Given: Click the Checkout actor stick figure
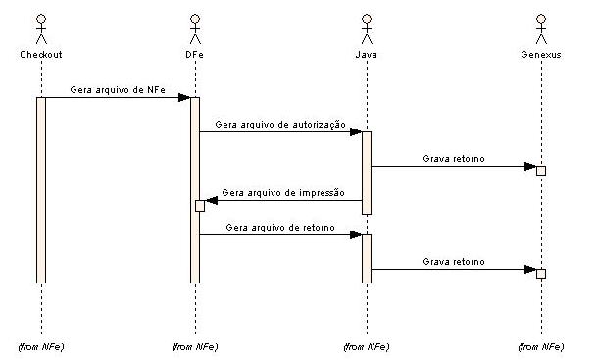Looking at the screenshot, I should tap(41, 30).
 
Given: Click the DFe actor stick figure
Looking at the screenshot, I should tap(194, 30).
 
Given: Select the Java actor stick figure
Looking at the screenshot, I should tap(367, 30).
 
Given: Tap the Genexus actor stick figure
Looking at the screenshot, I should tap(540, 30).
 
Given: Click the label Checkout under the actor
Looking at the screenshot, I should tap(41, 55).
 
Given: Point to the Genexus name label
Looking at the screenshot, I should tap(540, 55).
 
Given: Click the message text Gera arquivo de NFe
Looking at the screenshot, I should tap(117, 88).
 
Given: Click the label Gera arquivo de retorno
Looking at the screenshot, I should tap(279, 227).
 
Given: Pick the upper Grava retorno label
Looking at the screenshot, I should tap(453, 157).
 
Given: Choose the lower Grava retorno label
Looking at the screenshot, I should tap(453, 262).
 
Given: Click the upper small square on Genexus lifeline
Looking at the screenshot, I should tap(540, 170).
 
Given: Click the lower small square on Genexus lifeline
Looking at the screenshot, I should tap(540, 273).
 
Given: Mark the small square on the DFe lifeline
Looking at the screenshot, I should tap(199, 205).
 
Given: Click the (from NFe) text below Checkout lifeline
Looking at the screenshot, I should tap(41, 347).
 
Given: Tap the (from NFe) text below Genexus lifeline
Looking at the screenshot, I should tap(540, 347).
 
